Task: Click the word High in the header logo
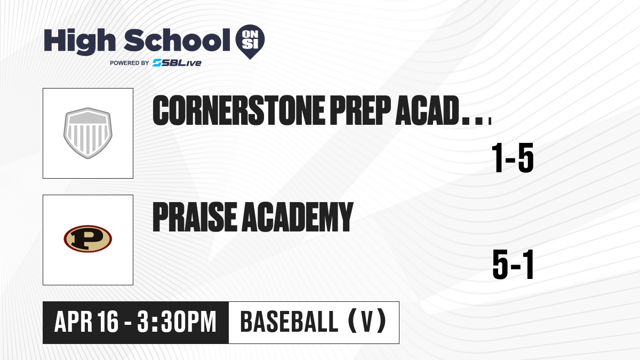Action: [80, 42]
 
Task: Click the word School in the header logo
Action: [177, 40]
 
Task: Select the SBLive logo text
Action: [177, 62]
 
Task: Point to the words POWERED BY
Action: [130, 63]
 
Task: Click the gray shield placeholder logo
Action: [87, 133]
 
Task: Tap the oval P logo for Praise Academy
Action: [87, 239]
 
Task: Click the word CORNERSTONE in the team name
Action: [238, 110]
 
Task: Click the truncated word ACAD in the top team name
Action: [427, 110]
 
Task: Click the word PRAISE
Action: [195, 217]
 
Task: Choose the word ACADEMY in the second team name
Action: [298, 217]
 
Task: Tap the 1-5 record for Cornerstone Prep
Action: [513, 158]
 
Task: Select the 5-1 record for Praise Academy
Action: [513, 265]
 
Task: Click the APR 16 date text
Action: [86, 322]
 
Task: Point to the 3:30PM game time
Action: [177, 322]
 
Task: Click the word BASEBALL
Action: [289, 322]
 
